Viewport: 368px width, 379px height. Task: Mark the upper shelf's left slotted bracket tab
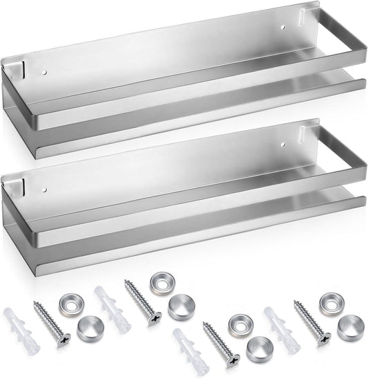point(15,70)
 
